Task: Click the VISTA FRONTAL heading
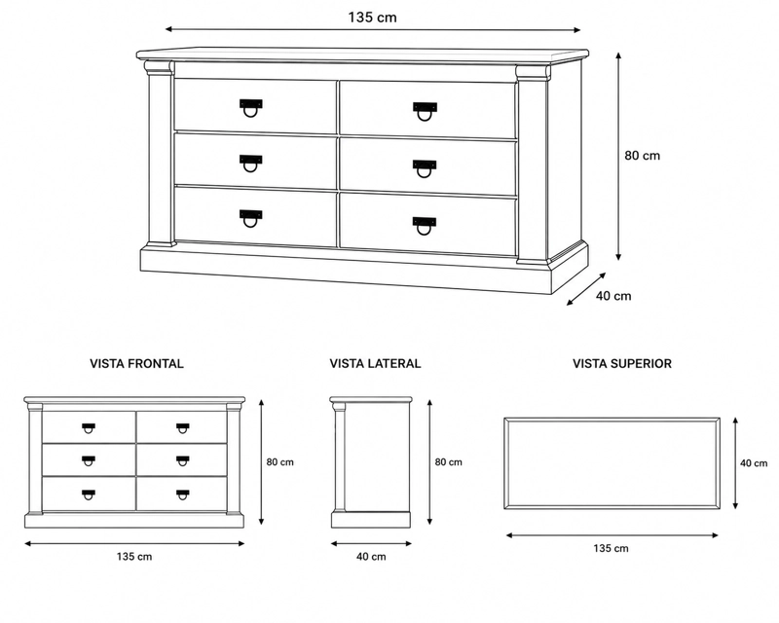click(x=136, y=364)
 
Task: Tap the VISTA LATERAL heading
click(x=375, y=364)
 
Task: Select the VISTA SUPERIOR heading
click(x=622, y=364)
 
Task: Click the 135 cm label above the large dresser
click(x=373, y=18)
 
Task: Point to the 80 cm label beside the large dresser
click(x=643, y=156)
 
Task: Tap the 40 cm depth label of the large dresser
click(x=613, y=296)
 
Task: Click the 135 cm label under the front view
click(x=134, y=557)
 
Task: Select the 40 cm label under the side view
click(x=371, y=557)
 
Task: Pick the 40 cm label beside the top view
click(x=754, y=463)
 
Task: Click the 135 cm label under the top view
click(x=611, y=548)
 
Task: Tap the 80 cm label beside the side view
click(x=449, y=462)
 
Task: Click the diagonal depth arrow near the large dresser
click(x=586, y=289)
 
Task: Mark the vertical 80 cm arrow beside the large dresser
click(x=618, y=156)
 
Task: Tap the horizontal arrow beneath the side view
click(x=371, y=543)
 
